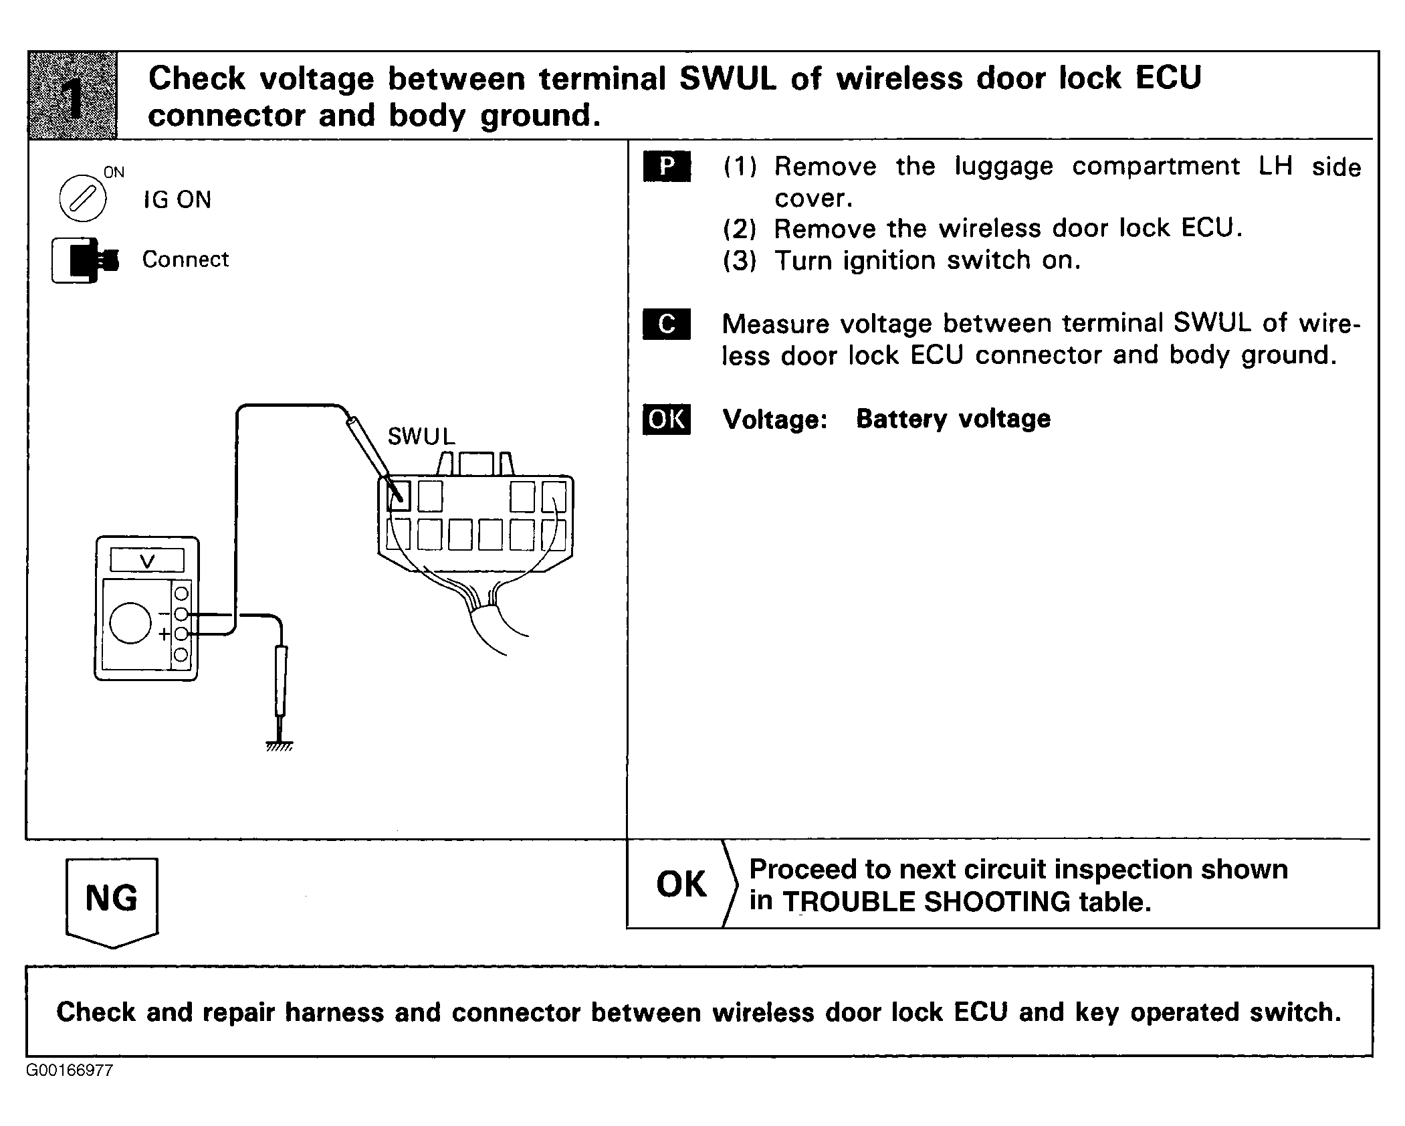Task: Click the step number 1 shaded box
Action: pyautogui.click(x=72, y=95)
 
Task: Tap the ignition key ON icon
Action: pyautogui.click(x=83, y=198)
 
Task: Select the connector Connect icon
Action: pyautogui.click(x=85, y=260)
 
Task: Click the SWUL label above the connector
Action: pyautogui.click(x=421, y=436)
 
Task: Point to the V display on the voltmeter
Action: pyautogui.click(x=147, y=560)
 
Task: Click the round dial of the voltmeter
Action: pyautogui.click(x=130, y=622)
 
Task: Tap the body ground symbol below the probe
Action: pyautogui.click(x=279, y=745)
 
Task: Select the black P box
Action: pyautogui.click(x=667, y=167)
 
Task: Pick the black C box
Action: pyautogui.click(x=667, y=324)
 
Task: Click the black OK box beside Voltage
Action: pyautogui.click(x=667, y=419)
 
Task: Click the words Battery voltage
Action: pyautogui.click(x=954, y=419)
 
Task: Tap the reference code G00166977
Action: pyautogui.click(x=70, y=1070)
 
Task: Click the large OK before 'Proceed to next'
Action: pyautogui.click(x=681, y=884)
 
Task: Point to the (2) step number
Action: pyautogui.click(x=740, y=229)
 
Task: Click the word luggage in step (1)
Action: pyautogui.click(x=1004, y=166)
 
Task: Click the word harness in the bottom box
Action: pyautogui.click(x=334, y=1012)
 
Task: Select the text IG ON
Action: pyautogui.click(x=177, y=199)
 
